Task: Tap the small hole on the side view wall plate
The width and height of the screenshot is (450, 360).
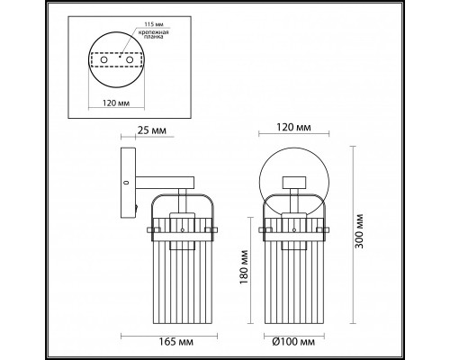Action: [x=124, y=183]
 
